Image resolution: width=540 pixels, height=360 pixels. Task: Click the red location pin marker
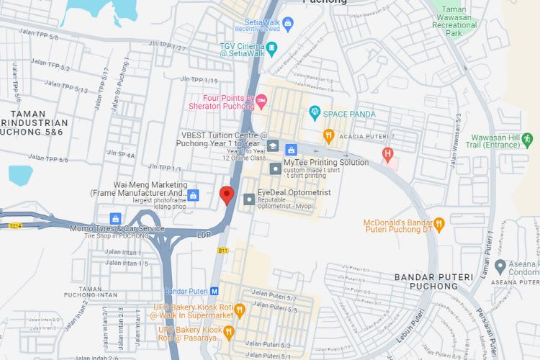click(x=227, y=195)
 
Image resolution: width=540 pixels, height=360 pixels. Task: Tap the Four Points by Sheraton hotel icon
click(x=262, y=99)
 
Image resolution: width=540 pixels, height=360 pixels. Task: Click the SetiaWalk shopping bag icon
click(x=289, y=25)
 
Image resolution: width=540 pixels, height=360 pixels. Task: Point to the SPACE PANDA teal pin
click(x=314, y=113)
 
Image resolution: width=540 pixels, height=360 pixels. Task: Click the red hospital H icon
click(x=388, y=153)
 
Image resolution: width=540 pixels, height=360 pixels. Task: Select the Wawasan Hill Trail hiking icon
click(x=527, y=138)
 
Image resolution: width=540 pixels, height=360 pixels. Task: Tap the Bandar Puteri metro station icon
click(x=214, y=292)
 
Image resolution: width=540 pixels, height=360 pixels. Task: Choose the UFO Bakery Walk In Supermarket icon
click(x=240, y=310)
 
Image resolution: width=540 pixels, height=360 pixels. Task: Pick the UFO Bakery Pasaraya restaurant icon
click(x=228, y=332)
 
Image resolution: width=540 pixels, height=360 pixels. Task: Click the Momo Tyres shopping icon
click(x=114, y=218)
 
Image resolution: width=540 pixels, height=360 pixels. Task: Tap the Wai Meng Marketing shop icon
click(x=192, y=195)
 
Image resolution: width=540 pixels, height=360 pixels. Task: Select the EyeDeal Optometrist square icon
click(x=248, y=198)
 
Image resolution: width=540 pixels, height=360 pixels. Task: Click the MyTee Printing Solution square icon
click(x=275, y=168)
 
